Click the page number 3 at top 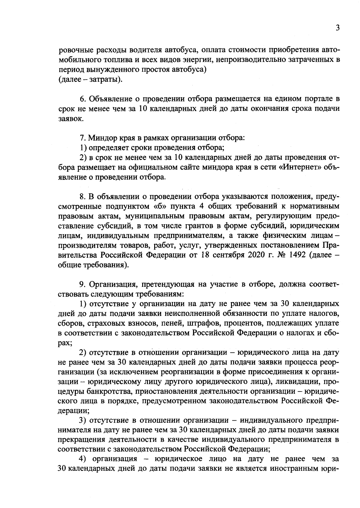pos(337,28)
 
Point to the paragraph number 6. pos(83,99)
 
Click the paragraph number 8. pos(83,196)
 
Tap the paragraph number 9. pos(83,284)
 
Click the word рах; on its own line pos(64,343)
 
